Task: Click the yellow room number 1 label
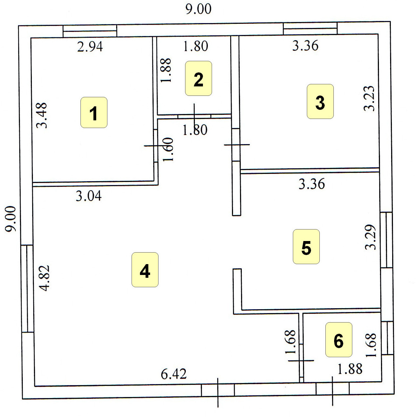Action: click(x=94, y=113)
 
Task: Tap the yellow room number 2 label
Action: click(x=198, y=78)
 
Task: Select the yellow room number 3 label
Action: click(x=320, y=101)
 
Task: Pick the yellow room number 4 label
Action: click(x=145, y=270)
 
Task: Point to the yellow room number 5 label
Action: click(x=306, y=247)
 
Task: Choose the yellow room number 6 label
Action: click(x=339, y=340)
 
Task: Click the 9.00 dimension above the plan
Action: click(x=198, y=9)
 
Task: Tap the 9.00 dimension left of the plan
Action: click(x=11, y=219)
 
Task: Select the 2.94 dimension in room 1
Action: click(x=90, y=47)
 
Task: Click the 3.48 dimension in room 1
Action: click(x=42, y=115)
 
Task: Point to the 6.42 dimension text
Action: click(x=174, y=374)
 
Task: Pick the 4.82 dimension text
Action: click(x=44, y=278)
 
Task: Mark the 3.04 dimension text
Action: click(x=89, y=196)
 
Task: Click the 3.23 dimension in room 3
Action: click(x=369, y=98)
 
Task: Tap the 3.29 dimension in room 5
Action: click(x=370, y=237)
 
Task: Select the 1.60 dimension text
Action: click(x=168, y=149)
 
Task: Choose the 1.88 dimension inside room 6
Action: click(x=350, y=369)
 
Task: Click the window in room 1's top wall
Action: click(x=90, y=31)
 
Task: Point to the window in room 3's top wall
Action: click(x=310, y=28)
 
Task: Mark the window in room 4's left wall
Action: click(x=27, y=289)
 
